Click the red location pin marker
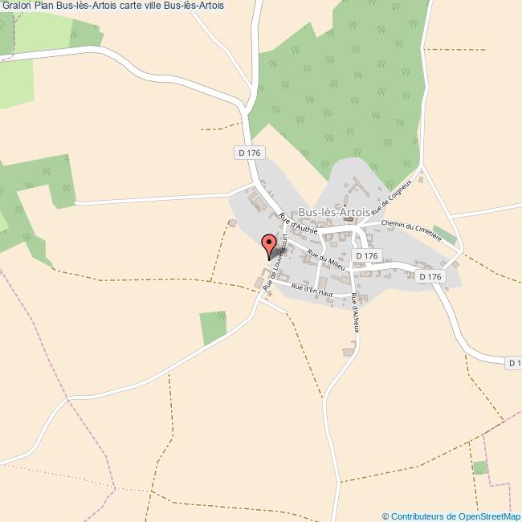[x=270, y=243]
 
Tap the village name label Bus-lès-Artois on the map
[x=334, y=212]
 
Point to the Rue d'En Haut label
[x=312, y=290]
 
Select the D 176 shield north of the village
[x=251, y=152]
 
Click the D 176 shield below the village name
[x=365, y=255]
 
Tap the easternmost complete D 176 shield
[x=430, y=276]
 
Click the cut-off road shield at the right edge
[x=514, y=363]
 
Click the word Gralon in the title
[x=16, y=6]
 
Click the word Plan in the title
[x=44, y=6]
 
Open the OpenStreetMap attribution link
[x=455, y=516]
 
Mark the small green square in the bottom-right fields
[x=479, y=467]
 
